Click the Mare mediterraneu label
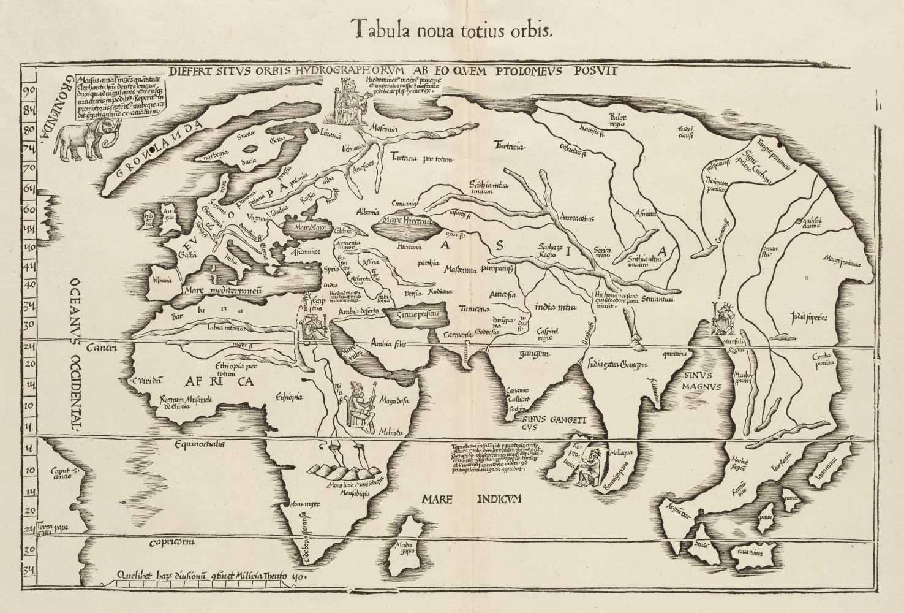(222, 292)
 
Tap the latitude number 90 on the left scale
(28, 91)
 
